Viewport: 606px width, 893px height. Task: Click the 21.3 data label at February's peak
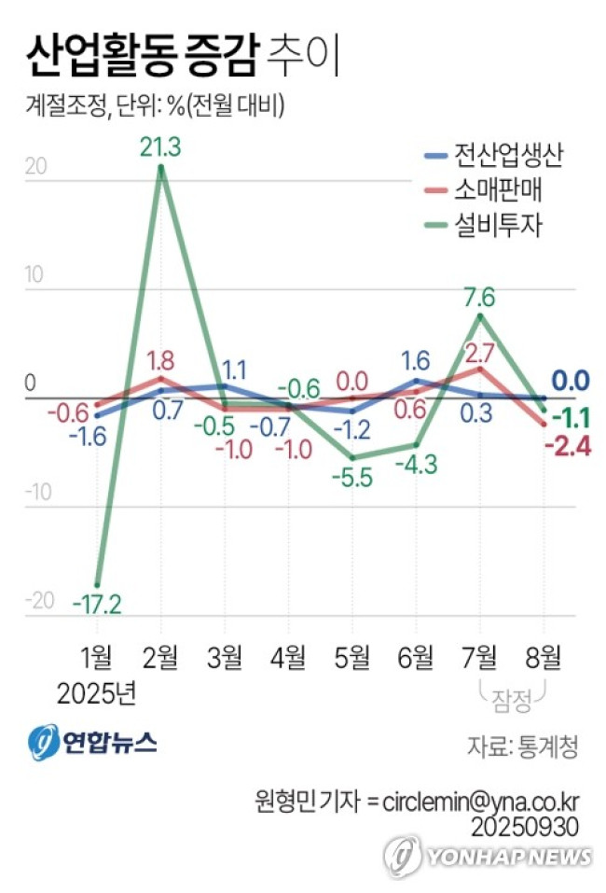click(x=161, y=147)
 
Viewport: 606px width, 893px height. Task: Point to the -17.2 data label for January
click(x=97, y=605)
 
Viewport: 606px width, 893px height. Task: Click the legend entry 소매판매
click(x=498, y=189)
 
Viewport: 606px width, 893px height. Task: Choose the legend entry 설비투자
click(x=498, y=225)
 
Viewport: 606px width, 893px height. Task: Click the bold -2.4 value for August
click(x=567, y=447)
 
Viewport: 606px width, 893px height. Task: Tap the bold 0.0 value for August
click(x=570, y=381)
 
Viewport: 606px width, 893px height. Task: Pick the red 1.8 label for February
click(x=161, y=359)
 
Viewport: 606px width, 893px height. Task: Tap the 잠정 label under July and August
click(x=511, y=696)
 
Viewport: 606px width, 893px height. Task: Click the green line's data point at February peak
click(x=161, y=168)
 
